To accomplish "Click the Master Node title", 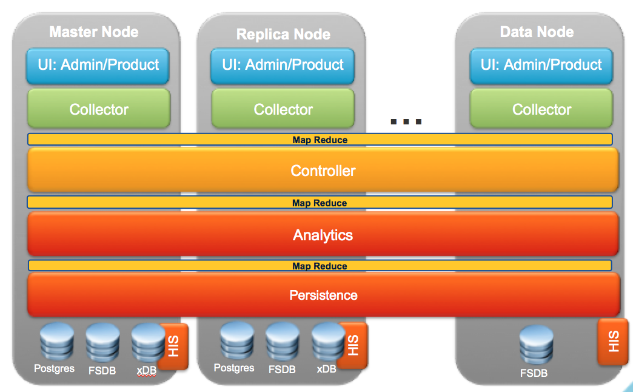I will (x=94, y=32).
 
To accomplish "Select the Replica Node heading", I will (x=283, y=35).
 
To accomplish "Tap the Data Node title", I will (x=537, y=32).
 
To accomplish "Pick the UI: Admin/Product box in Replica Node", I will (x=283, y=66).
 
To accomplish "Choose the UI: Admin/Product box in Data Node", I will (x=541, y=66).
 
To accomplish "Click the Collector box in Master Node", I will (x=99, y=109).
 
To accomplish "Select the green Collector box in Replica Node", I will (x=283, y=109).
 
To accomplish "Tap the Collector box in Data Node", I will (x=541, y=109).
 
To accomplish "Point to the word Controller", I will (x=323, y=171).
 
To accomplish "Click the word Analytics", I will (x=323, y=235).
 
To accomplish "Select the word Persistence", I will (x=323, y=296).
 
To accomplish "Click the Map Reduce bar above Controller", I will (x=320, y=140).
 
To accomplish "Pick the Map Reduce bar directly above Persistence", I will (x=320, y=266).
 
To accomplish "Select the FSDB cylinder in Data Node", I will (x=537, y=345).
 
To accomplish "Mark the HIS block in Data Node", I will (x=612, y=342).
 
